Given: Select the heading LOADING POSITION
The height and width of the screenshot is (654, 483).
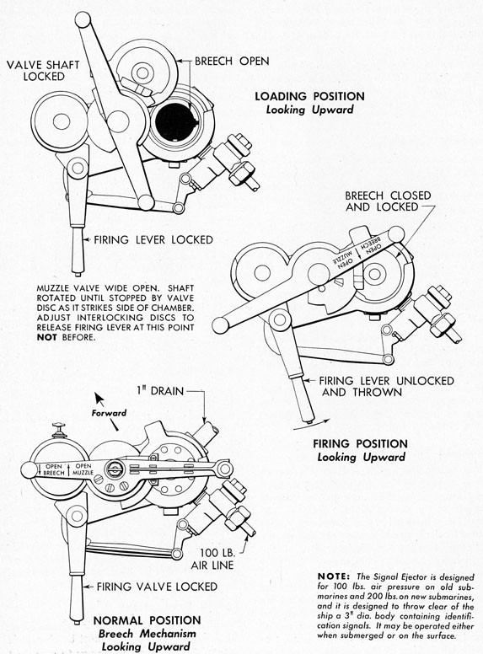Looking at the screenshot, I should coord(309,96).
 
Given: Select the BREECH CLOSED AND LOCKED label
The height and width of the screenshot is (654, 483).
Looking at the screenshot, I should coord(387,201).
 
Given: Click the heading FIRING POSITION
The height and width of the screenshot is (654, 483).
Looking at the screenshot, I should coord(360,443).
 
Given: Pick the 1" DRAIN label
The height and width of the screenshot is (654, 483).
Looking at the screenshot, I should coord(155,389).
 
